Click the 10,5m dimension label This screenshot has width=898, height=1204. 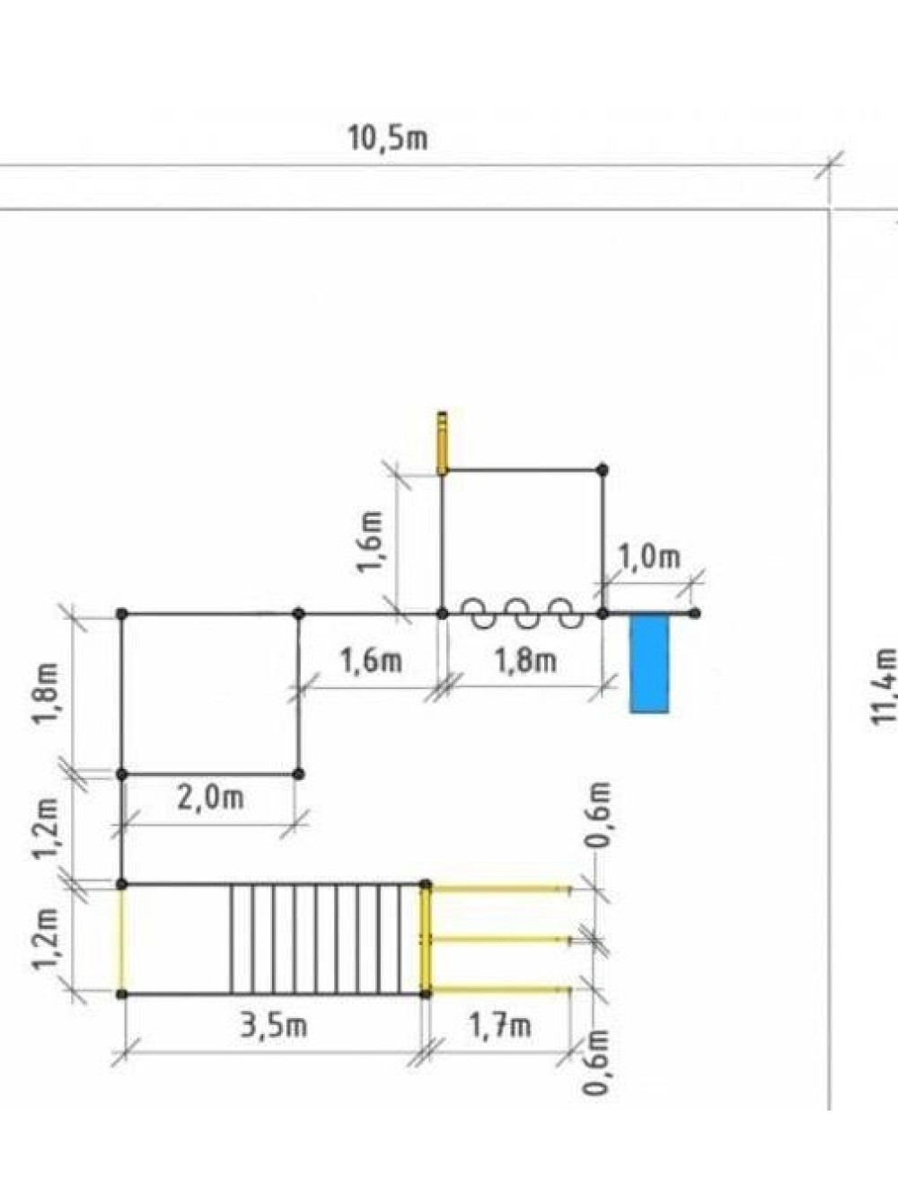(388, 139)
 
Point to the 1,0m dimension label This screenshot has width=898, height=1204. (650, 557)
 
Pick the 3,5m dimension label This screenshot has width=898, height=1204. (274, 1025)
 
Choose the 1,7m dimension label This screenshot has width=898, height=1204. (499, 1025)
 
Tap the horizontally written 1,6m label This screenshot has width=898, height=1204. (371, 661)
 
